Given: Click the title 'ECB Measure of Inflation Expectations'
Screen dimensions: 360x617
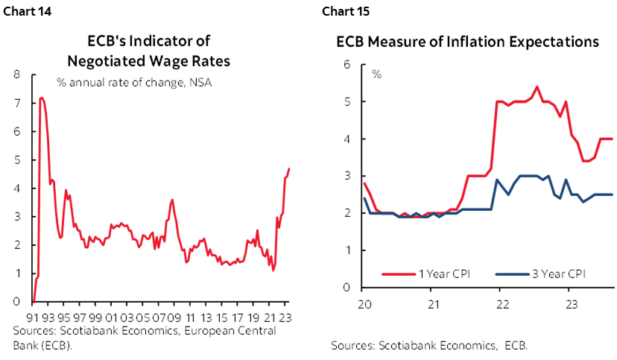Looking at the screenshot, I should pyautogui.click(x=467, y=42).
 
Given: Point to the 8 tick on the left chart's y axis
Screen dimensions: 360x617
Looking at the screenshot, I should pyautogui.click(x=16, y=75).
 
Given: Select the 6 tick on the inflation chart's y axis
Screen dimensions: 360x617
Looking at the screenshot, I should pyautogui.click(x=347, y=65).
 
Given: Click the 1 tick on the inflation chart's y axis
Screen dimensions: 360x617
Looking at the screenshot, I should pyautogui.click(x=347, y=250).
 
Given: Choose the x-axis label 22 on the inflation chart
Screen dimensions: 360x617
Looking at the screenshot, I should pyautogui.click(x=503, y=305).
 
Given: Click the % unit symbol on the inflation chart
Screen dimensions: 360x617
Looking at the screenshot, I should pyautogui.click(x=376, y=75).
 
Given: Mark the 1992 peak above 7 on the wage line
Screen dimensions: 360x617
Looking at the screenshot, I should pyautogui.click(x=42, y=98).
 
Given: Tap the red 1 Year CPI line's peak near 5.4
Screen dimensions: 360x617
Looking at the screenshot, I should pyautogui.click(x=537, y=86).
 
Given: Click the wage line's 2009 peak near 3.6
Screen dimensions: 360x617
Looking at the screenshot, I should pyautogui.click(x=172, y=200).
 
